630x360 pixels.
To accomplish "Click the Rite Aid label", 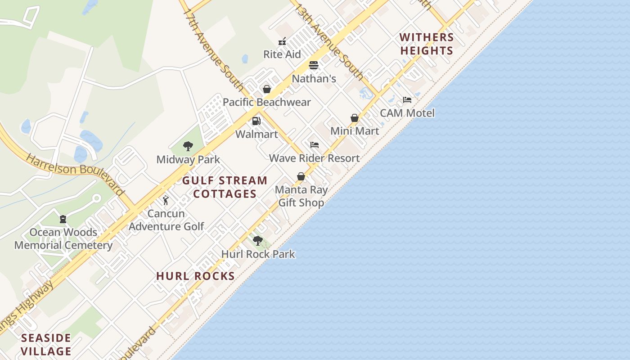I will pos(282,54).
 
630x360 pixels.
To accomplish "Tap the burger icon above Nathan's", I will pos(314,65).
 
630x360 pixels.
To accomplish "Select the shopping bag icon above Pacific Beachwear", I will pos(267,89).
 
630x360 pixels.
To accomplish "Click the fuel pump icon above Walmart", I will pos(256,121).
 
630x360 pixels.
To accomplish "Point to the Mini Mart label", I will pos(355,131).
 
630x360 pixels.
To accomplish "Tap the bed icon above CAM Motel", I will pos(407,100).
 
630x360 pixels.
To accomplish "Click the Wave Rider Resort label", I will pos(314,158).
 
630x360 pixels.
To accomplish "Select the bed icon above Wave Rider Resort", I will pos(315,145).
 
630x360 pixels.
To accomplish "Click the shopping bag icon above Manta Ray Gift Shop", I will pos(301,176).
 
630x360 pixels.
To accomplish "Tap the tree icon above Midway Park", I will pos(188,146).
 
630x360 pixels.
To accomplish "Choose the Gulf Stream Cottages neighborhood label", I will pos(225,187).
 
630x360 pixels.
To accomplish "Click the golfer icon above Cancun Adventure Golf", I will pos(166,200).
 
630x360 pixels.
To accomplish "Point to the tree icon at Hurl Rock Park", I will pos(258,241).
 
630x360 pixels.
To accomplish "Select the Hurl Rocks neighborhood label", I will pos(195,276).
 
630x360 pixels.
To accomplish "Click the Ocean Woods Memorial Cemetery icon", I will pos(63,219).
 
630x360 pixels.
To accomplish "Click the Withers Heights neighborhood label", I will pos(427,44).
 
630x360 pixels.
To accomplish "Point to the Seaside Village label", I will pos(46,344).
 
